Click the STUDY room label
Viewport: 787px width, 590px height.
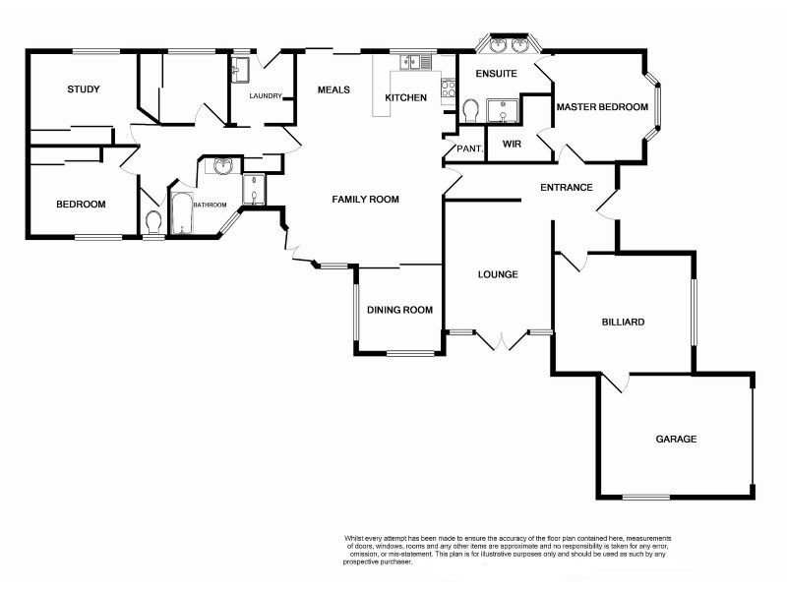coord(84,89)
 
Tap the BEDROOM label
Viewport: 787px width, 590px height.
coord(81,204)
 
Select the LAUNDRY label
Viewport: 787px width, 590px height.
coord(266,96)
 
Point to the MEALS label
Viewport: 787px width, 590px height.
coord(333,89)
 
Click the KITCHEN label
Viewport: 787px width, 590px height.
coord(405,97)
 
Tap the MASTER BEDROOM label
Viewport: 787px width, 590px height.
coord(602,106)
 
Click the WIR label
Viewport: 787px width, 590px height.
coord(512,144)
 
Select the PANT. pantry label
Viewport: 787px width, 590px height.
coord(463,148)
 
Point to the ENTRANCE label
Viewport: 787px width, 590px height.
coord(566,187)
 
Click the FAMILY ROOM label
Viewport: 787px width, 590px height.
coord(365,199)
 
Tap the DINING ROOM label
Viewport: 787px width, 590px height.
coord(399,310)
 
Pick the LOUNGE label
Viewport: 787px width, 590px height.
coord(498,274)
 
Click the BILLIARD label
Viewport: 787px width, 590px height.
coord(623,322)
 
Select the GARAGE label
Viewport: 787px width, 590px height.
coord(676,439)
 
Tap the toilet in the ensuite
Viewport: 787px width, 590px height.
coord(469,111)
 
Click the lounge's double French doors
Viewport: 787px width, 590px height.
coord(502,340)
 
